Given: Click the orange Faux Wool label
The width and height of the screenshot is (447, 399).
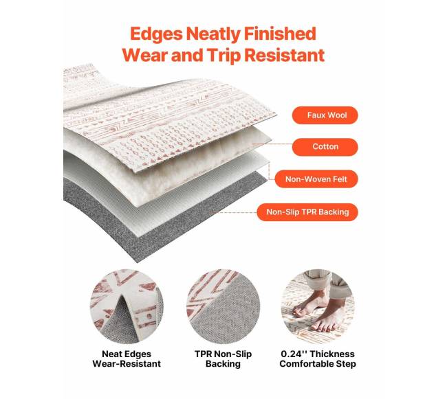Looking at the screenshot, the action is [325, 115].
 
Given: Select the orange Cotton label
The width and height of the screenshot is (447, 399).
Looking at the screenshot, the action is [325, 147].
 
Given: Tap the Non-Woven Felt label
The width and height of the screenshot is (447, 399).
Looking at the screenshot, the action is [316, 179].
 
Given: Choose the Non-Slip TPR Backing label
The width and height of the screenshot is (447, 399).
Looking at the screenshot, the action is [307, 212].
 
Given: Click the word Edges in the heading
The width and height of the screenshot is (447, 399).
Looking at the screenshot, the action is [156, 34].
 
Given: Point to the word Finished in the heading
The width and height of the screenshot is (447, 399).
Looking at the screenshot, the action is [280, 33].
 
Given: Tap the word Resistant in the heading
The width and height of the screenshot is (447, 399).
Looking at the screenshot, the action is [285, 55].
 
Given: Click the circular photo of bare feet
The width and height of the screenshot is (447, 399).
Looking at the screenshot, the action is [318, 306].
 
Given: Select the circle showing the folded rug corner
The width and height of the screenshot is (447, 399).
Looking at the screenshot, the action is [127, 306].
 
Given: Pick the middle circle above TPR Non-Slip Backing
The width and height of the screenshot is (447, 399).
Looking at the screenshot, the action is [223, 306].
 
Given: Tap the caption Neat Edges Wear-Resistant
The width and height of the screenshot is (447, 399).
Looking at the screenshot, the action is [127, 359].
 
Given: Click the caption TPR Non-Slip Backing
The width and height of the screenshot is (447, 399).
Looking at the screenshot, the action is [223, 359].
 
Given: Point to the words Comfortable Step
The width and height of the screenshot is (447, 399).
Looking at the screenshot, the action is [318, 364].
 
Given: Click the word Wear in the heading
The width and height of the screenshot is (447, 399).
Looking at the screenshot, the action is [145, 55].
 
